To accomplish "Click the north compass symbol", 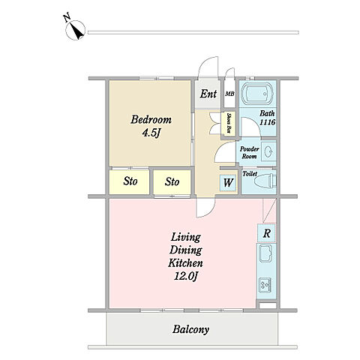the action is (75, 28).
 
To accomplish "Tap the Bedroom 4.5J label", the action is (151, 126).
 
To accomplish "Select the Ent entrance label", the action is (208, 94).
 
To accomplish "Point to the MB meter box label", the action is (229, 94).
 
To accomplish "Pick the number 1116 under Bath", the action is (268, 122).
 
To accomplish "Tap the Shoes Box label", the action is (229, 123).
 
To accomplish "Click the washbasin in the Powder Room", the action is (268, 151).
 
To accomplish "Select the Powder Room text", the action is (249, 152).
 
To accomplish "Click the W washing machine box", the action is (228, 182).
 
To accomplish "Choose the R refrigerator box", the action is (266, 233).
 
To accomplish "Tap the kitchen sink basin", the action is (265, 253).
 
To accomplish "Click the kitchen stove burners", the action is (265, 285).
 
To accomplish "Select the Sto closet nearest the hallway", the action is (172, 181).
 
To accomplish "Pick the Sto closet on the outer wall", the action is (130, 181).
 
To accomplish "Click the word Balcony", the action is (190, 329).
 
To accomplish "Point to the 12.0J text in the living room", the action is (186, 276).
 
